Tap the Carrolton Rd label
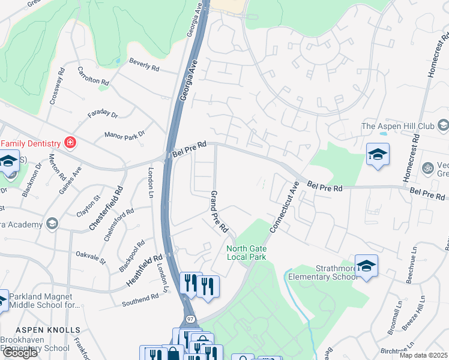pyautogui.click(x=93, y=76)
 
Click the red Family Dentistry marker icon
pyautogui.click(x=71, y=143)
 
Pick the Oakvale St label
pyautogui.click(x=91, y=258)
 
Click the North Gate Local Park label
pyautogui.click(x=246, y=253)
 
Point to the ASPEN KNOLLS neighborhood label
pyautogui.click(x=47, y=330)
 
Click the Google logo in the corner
pyautogui.click(x=20, y=353)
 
